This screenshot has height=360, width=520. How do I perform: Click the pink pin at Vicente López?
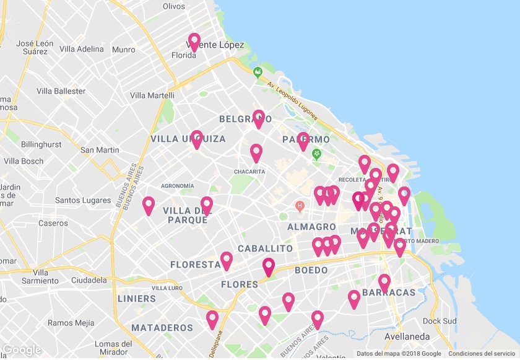tap(194, 42)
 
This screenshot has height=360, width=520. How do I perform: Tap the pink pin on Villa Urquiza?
tap(197, 139)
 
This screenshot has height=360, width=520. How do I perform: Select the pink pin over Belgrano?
tap(259, 118)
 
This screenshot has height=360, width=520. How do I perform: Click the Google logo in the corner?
tap(22, 350)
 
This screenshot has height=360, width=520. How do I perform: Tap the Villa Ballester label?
tap(61, 91)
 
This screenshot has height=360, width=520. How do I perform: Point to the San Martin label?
tap(100, 150)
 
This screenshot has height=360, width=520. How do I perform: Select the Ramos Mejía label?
tap(71, 323)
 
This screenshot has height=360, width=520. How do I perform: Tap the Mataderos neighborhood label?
tap(162, 327)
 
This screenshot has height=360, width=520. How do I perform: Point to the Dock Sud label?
tap(440, 321)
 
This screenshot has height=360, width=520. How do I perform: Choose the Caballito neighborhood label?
tap(265, 248)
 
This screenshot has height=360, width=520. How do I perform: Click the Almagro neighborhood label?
tap(311, 227)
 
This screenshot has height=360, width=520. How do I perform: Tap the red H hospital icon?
tap(300, 205)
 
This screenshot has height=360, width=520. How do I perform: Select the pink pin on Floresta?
tap(227, 260)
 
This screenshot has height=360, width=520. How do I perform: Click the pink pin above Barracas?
tap(384, 283)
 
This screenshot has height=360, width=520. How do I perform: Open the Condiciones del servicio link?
tap(482, 354)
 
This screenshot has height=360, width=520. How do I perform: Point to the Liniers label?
tap(136, 299)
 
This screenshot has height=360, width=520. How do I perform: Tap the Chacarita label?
tap(249, 172)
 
